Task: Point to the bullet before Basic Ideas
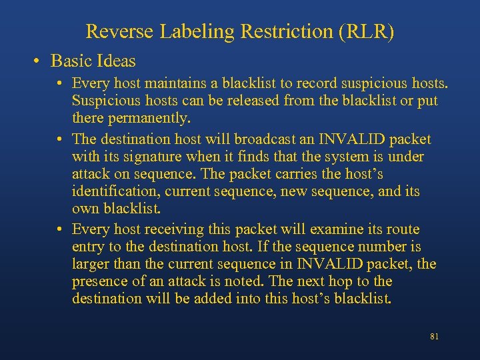(40, 61)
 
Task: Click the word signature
(152, 157)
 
